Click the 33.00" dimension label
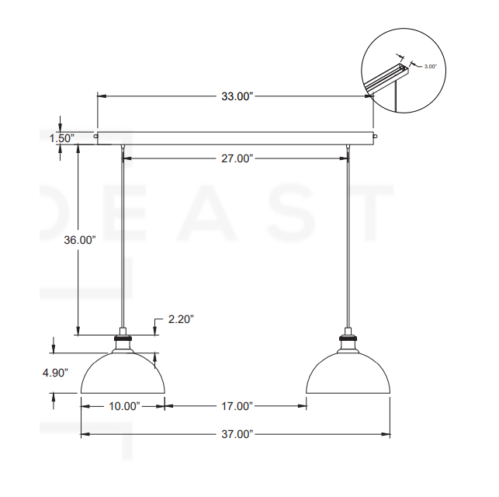click(x=237, y=96)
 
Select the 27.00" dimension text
click(x=237, y=158)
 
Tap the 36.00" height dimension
click(x=80, y=240)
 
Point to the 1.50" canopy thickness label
click(x=62, y=138)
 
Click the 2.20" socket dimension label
click(x=181, y=319)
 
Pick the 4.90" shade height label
click(x=55, y=373)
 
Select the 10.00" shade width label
click(x=124, y=406)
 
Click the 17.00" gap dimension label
click(x=237, y=406)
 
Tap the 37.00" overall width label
click(x=237, y=434)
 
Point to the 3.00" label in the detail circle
click(x=430, y=67)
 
